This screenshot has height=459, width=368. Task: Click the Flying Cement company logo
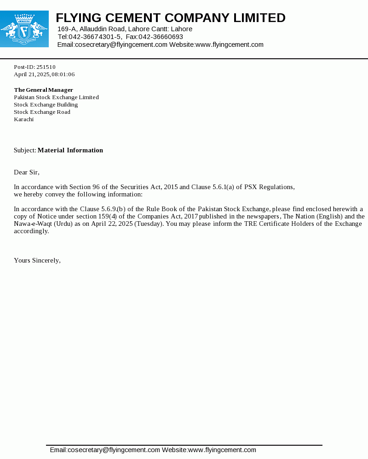point(24,28)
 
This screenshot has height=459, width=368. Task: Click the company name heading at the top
point(171,18)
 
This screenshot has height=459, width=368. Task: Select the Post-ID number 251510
point(46,67)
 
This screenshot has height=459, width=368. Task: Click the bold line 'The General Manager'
point(44,90)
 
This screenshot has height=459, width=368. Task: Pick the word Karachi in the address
point(24,119)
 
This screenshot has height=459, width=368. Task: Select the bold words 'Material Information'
point(70,150)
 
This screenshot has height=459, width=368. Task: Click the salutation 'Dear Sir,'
point(27,172)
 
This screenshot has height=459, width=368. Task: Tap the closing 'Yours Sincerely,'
point(37,260)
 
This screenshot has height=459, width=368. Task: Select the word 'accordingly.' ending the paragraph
point(31,231)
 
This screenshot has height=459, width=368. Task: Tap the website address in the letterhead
point(230,45)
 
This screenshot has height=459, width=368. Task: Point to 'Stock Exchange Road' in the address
point(42,112)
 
